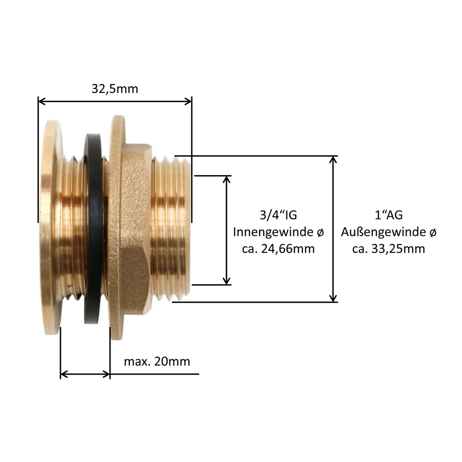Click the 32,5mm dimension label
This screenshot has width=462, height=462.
[x=115, y=89]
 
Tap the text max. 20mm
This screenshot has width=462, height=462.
[x=157, y=361]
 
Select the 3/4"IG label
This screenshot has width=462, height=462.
[x=278, y=215]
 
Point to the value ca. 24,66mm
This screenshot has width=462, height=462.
[x=278, y=249]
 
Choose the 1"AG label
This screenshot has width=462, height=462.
[x=388, y=215]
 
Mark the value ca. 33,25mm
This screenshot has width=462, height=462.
[x=389, y=249]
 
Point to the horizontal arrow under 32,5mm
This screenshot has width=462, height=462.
[x=115, y=101]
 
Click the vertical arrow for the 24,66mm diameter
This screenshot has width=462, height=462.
[x=226, y=230]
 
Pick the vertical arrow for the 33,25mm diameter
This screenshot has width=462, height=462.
[x=334, y=229]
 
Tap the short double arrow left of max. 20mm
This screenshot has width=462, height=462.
[x=85, y=374]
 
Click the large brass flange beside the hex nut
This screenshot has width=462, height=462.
[x=116, y=226]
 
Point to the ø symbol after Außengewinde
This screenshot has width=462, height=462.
[x=432, y=232]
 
